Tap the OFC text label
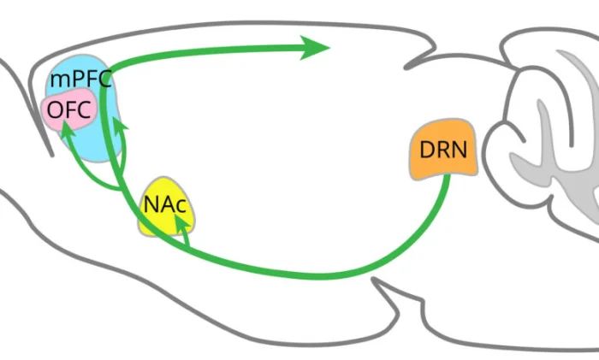click(x=68, y=110)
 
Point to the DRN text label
click(x=443, y=150)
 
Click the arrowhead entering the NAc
click(x=181, y=223)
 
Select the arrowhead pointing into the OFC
click(x=68, y=130)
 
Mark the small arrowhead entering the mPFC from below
click(x=119, y=126)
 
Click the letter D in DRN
click(x=426, y=150)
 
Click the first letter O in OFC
click(x=56, y=110)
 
